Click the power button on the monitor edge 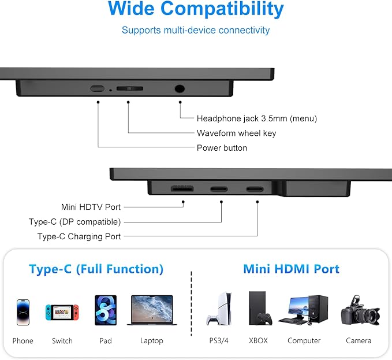pos(97,88)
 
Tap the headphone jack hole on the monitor pos(180,88)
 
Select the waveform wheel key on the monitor pos(130,88)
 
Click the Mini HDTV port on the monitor pos(182,188)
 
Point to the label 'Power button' pos(222,148)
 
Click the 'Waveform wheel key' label pos(236,133)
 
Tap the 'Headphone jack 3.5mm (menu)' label pos(257,118)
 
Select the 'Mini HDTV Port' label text pos(91,207)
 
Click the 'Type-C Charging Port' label pos(79,236)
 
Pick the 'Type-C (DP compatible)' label pos(74,222)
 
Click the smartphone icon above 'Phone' pos(23,312)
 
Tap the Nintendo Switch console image pos(62,312)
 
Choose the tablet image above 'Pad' pos(106,310)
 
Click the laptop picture pos(152,310)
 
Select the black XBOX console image pos(260,308)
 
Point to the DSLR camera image pos(360,311)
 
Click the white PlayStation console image pos(219,309)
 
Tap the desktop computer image pos(303,310)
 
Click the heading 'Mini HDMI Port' pos(291,269)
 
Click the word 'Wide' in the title pos(131,8)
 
